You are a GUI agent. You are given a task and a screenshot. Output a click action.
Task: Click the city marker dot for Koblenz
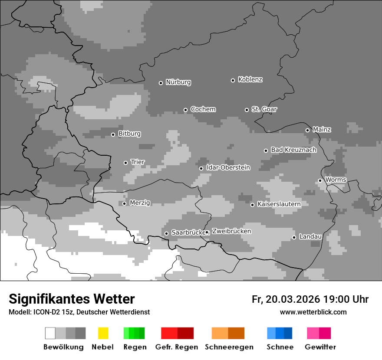(233, 80)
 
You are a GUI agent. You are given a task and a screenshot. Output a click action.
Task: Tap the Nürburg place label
(178, 82)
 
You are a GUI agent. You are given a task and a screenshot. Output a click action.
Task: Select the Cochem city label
(203, 109)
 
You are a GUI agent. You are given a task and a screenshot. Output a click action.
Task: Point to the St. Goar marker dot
(247, 110)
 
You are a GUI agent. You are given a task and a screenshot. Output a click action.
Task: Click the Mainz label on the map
(322, 130)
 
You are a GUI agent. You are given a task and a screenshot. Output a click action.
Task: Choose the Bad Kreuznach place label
(293, 150)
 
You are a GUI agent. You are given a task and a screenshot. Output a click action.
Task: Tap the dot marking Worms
(320, 180)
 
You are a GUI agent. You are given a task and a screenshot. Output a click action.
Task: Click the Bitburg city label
(129, 134)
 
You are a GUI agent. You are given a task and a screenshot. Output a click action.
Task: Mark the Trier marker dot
(126, 163)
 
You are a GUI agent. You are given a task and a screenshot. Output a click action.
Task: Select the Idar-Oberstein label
(228, 168)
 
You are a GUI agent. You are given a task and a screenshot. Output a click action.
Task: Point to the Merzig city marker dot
(124, 203)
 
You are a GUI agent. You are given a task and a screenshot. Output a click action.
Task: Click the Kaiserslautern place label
(279, 204)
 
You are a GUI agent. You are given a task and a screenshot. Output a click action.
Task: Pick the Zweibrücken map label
(231, 232)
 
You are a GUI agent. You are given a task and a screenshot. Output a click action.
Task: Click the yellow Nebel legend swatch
(103, 333)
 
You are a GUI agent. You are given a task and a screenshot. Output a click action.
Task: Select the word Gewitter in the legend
(320, 347)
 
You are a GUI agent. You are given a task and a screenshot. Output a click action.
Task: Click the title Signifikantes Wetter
(72, 299)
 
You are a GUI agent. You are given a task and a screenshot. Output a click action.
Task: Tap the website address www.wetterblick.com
(313, 312)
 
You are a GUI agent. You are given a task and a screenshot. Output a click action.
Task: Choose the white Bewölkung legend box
(50, 333)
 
